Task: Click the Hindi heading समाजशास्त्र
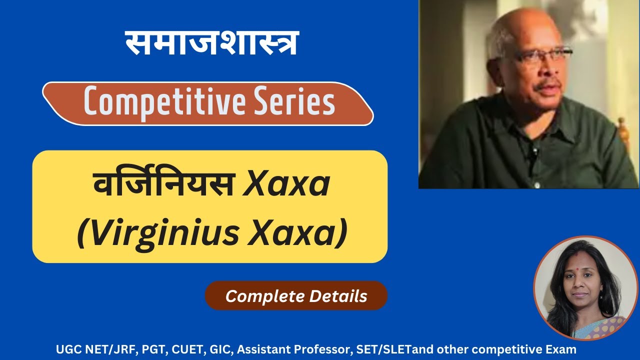pos(212,43)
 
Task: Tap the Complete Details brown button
pos(296,296)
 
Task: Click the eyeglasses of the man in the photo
pos(542,56)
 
